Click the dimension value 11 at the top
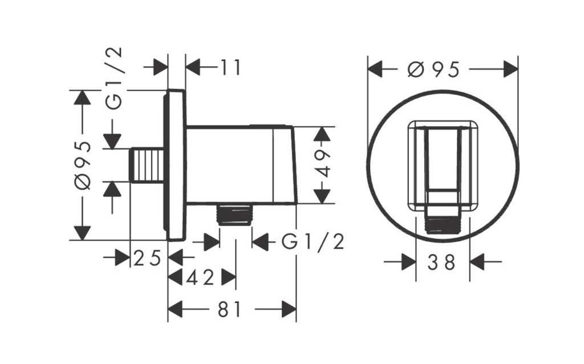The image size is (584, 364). tap(230, 67)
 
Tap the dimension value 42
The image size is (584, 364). tap(201, 277)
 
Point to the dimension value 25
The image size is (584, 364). tap(147, 258)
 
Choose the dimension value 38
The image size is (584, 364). tap(441, 262)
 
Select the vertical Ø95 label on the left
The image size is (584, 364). tap(83, 165)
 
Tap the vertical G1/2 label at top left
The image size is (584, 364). tap(114, 78)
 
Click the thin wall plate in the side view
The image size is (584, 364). tap(175, 165)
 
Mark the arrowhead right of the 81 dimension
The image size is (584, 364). tap(289, 309)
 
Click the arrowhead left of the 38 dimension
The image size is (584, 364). tap(408, 262)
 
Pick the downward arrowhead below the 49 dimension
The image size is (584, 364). tap(322, 196)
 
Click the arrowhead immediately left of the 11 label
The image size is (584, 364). tap(193, 67)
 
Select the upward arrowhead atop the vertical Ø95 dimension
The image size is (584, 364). tap(82, 98)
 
